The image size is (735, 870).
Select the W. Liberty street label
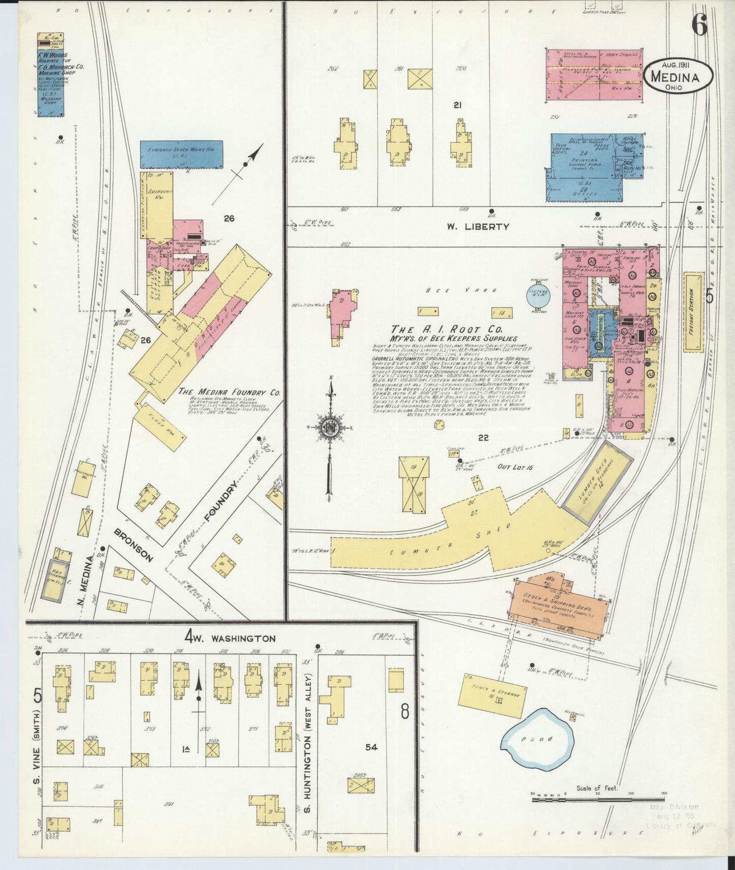coord(478,227)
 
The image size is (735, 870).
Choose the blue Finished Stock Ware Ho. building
coord(182,154)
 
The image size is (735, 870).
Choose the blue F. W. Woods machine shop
coord(50,74)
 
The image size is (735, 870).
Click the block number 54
coord(371,747)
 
